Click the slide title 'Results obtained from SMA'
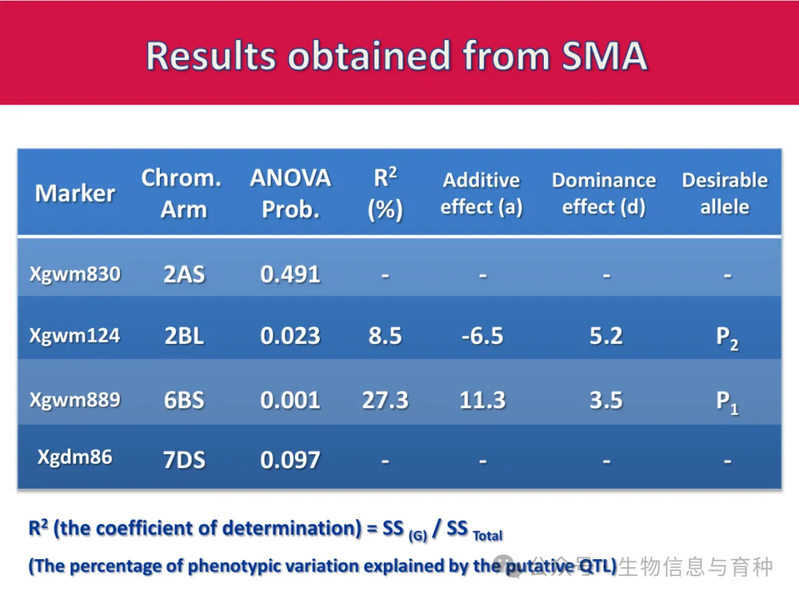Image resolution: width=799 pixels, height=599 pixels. point(397,55)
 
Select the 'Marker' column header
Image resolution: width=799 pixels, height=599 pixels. point(75,193)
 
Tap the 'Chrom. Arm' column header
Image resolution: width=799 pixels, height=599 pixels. point(181,193)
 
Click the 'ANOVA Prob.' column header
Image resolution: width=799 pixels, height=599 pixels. point(291,193)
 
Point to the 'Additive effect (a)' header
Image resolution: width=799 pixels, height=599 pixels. point(482,193)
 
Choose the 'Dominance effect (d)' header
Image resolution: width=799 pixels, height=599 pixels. point(604,193)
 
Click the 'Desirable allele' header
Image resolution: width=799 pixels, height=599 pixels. point(724,193)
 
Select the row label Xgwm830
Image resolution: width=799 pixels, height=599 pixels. point(75,274)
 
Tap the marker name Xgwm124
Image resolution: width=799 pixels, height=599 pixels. point(75,336)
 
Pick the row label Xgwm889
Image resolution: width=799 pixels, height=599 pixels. point(75,400)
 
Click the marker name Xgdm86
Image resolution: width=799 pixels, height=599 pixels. point(75,457)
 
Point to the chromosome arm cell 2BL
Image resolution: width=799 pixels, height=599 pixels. point(183,336)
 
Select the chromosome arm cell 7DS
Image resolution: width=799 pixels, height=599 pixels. point(183,460)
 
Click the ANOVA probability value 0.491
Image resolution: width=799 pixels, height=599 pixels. point(290,275)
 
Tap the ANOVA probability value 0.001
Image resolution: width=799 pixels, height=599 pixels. point(290,401)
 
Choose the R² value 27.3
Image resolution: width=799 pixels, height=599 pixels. point(385,401)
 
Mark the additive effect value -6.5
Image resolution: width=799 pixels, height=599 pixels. point(482,336)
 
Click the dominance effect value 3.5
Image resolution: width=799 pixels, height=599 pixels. point(606,401)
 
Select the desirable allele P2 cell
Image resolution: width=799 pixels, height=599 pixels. point(726,338)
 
